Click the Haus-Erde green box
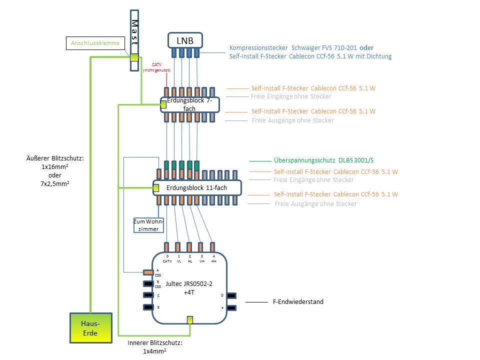click(90, 328)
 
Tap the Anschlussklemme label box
click(95, 43)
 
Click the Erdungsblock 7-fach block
click(190, 104)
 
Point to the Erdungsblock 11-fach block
click(197, 187)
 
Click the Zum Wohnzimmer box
click(148, 225)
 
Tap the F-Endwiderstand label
click(297, 301)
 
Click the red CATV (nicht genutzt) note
click(156, 68)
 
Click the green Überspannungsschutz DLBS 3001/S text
click(323, 160)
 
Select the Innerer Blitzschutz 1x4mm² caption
click(154, 347)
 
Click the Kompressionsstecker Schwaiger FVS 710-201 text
click(293, 47)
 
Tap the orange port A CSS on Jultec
click(148, 272)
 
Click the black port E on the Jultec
click(148, 307)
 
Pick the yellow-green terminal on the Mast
click(134, 57)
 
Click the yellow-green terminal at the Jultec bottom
click(189, 320)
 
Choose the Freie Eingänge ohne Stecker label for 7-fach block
click(290, 96)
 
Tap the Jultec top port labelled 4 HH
click(212, 246)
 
